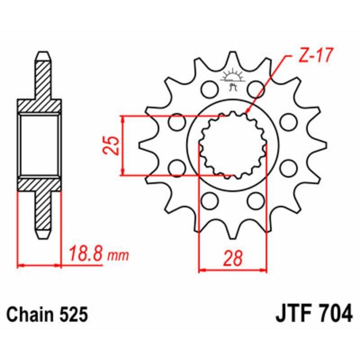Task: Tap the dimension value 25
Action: pos(112,145)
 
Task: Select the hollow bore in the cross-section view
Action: pos(40,144)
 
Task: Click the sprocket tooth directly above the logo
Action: pos(233,58)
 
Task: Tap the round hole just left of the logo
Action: pos(208,89)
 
